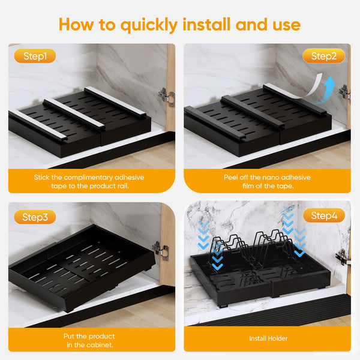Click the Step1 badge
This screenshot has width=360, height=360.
(x=35, y=56)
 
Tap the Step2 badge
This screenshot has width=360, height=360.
(x=324, y=56)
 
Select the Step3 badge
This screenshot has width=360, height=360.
(x=35, y=217)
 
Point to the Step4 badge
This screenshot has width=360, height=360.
(x=324, y=215)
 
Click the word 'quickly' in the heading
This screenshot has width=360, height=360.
(x=149, y=25)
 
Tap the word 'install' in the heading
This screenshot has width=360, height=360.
(x=206, y=24)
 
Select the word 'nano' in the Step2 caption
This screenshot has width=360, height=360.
(x=271, y=177)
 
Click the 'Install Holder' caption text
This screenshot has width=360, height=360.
(x=268, y=338)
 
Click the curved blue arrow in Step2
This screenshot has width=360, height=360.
(x=326, y=90)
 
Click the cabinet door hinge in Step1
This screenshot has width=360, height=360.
(x=166, y=96)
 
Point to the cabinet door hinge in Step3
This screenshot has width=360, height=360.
(x=160, y=250)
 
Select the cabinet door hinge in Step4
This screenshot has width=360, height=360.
(x=343, y=257)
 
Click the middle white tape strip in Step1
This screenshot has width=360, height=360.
(x=74, y=113)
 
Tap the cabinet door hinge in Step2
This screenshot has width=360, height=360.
(x=344, y=92)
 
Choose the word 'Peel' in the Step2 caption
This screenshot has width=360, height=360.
(x=231, y=177)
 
